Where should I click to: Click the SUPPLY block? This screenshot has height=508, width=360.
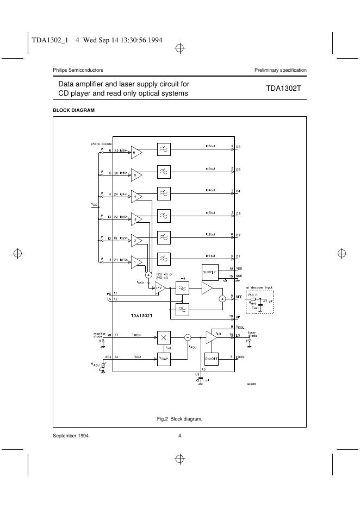tap(210, 272)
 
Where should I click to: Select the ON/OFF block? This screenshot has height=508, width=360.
tap(211, 359)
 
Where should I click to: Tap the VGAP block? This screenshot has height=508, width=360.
tap(164, 359)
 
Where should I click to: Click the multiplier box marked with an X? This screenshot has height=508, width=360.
tap(164, 337)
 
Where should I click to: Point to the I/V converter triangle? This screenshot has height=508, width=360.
tap(160, 289)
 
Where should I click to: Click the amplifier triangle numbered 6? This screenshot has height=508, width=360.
tap(136, 153)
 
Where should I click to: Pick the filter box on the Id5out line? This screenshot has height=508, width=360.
tap(164, 171)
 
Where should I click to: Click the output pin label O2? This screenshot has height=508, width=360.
tap(238, 235)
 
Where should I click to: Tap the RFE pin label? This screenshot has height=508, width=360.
tap(238, 297)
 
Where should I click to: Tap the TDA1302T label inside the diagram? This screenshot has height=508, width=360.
tap(140, 315)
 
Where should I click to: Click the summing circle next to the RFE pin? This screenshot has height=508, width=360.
tap(222, 299)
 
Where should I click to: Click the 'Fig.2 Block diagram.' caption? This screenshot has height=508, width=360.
tap(179, 418)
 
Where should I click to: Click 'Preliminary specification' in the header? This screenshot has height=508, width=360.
tap(280, 70)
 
